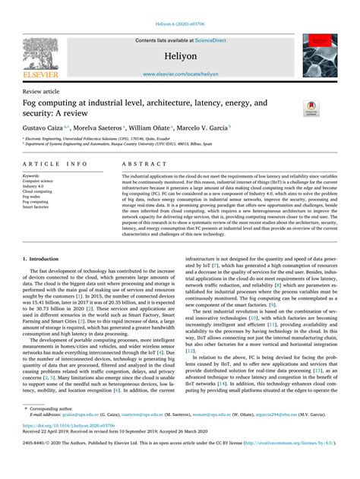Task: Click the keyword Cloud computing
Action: click(39, 192)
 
